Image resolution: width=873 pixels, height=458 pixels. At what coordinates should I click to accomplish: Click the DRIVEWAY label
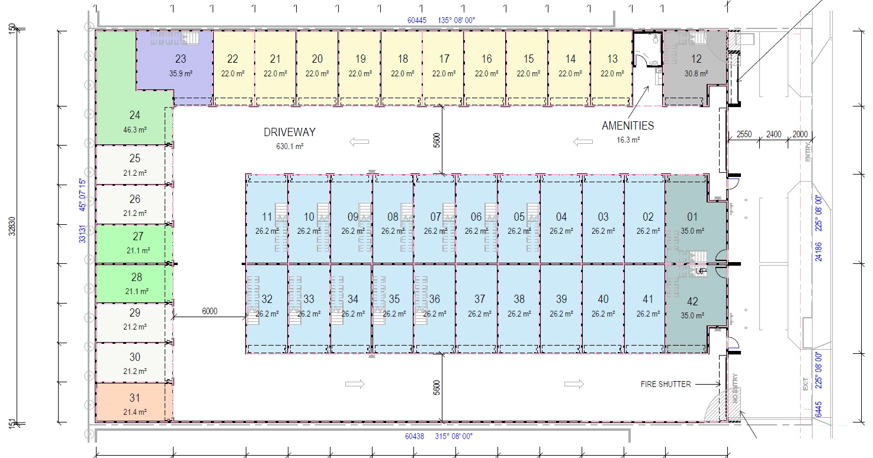290,133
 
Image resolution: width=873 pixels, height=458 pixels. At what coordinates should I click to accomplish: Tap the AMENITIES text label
628,126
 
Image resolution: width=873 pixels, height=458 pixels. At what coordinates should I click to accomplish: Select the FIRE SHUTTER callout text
666,384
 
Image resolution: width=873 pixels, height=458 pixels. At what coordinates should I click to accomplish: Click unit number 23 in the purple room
181,59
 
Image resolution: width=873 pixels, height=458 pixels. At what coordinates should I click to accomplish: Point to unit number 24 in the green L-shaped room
135,115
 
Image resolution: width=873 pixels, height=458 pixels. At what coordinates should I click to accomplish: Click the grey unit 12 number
697,59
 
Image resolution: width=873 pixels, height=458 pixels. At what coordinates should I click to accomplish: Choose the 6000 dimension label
210,311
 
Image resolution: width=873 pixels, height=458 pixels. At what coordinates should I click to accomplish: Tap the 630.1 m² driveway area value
290,146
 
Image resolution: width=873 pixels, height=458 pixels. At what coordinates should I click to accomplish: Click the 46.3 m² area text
135,130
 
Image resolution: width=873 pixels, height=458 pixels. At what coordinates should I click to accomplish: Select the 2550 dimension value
744,134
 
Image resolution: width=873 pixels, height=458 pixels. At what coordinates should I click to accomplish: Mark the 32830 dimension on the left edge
12,226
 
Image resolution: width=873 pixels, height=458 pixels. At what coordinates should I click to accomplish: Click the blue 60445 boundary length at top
417,20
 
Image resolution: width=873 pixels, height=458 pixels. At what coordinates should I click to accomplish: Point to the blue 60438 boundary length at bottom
414,436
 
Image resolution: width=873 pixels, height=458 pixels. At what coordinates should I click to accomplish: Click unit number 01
692,217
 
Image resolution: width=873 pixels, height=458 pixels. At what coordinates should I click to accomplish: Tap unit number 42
692,301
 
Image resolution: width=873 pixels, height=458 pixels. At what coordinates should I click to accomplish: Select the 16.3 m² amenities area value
628,140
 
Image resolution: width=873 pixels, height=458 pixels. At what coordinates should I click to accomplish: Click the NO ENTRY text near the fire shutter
735,388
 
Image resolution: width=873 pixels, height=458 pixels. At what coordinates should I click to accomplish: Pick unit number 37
480,299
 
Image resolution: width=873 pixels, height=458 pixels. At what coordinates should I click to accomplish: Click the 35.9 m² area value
181,73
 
